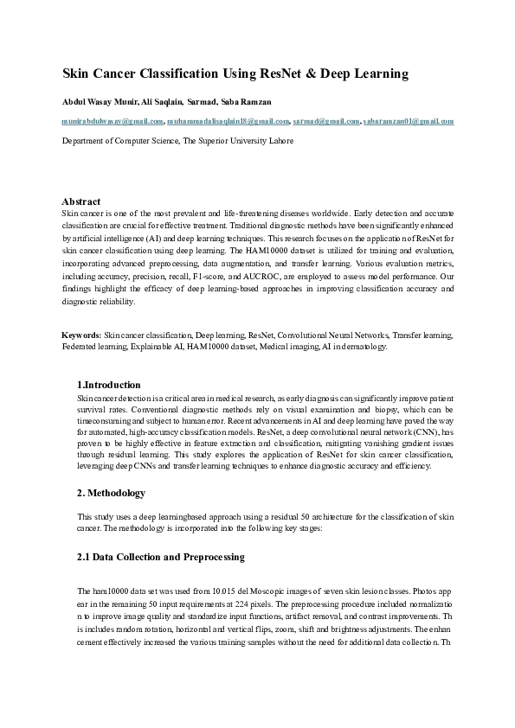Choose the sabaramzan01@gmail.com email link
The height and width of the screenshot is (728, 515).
pos(409,122)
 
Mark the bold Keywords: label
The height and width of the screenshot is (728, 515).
pos(81,333)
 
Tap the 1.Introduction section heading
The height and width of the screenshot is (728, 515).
pos(109,384)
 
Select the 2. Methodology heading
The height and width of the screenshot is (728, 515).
pos(112,493)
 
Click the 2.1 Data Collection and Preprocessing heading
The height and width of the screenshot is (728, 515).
pos(161,557)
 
